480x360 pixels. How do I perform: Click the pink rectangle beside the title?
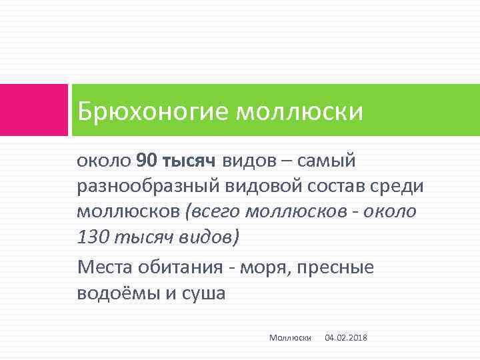(x=33, y=110)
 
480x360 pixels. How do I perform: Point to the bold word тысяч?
(x=189, y=161)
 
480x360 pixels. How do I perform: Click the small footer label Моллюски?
(x=291, y=338)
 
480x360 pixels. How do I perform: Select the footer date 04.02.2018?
(x=345, y=338)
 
